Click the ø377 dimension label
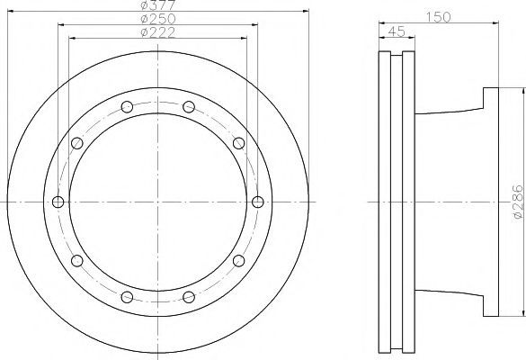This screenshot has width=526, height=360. click(x=158, y=4)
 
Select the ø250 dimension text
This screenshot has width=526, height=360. click(x=158, y=19)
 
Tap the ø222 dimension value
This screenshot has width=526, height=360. click(x=158, y=32)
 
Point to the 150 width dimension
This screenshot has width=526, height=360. click(x=439, y=17)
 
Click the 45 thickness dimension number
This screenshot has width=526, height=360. click(x=397, y=31)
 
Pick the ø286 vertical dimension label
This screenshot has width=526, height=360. click(x=519, y=202)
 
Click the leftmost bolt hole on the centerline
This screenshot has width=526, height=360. click(x=58, y=202)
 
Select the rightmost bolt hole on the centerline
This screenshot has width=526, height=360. click(x=258, y=202)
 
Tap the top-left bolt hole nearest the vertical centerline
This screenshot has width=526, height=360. click(x=127, y=107)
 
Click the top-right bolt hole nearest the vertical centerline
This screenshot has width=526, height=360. click(x=189, y=107)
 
